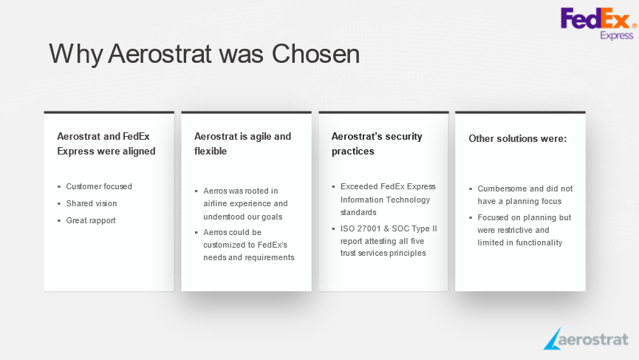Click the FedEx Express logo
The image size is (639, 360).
click(598, 24)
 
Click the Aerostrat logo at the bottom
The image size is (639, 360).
click(586, 339)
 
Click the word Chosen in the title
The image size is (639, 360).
click(315, 54)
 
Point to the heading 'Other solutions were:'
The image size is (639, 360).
click(518, 139)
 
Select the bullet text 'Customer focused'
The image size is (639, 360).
click(99, 186)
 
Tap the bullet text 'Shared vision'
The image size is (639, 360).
click(92, 203)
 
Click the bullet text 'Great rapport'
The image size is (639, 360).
click(91, 220)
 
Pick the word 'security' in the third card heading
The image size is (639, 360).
click(403, 137)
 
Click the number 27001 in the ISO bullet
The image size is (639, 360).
click(369, 228)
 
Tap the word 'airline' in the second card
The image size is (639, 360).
click(215, 203)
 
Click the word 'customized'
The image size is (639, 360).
click(223, 245)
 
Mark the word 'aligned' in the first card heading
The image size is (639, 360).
click(139, 152)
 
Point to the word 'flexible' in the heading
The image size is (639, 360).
click(211, 152)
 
